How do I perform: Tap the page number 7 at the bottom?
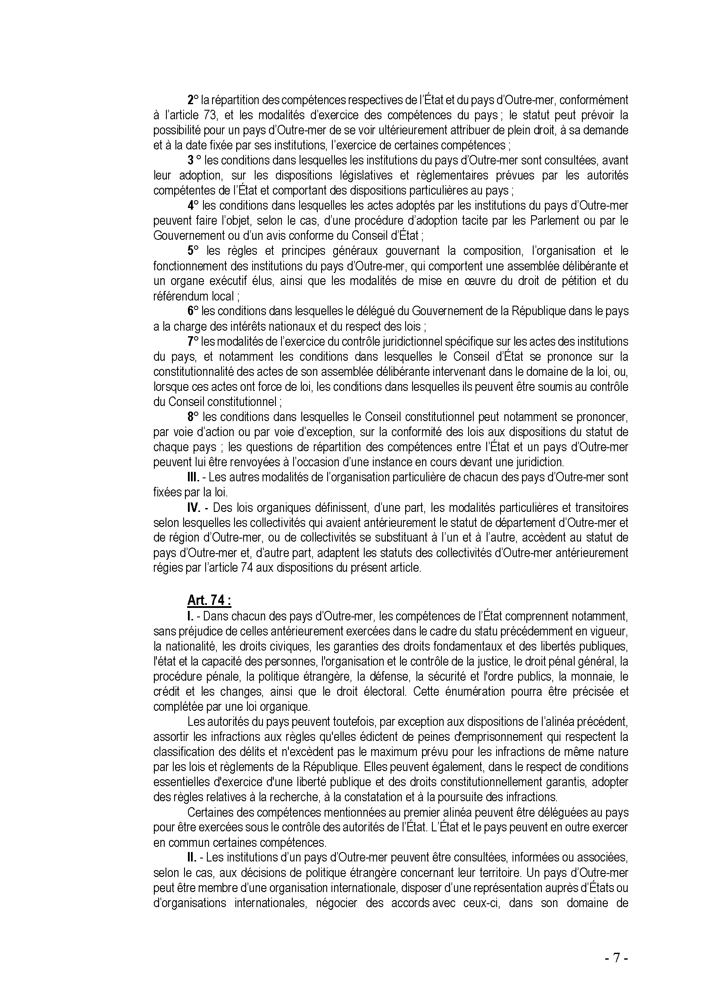pos(616,959)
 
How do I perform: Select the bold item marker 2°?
pos(193,100)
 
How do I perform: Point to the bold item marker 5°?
pos(193,251)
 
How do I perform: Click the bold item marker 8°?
pos(193,417)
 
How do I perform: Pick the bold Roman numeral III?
pos(194,477)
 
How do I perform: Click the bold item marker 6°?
pos(193,311)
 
